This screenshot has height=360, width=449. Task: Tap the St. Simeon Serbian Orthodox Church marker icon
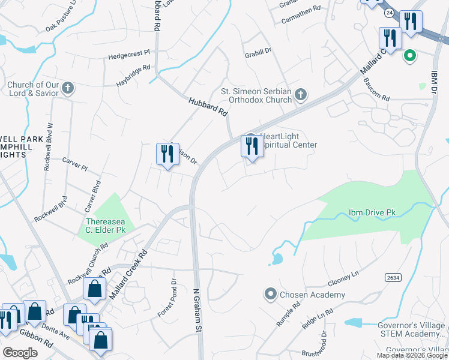[301, 94]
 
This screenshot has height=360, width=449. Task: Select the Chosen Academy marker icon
[271, 295]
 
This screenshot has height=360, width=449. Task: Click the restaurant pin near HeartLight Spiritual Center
[252, 147]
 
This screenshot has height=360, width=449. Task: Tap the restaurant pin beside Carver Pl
[168, 155]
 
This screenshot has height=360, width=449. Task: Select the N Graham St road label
[196, 310]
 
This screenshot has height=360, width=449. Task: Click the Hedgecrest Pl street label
[129, 55]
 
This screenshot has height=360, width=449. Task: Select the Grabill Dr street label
[258, 52]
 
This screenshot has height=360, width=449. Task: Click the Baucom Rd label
[376, 94]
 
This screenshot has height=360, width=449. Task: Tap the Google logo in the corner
[20, 353]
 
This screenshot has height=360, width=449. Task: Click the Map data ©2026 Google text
[412, 355]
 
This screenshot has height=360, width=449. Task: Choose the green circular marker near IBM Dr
[410, 56]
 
